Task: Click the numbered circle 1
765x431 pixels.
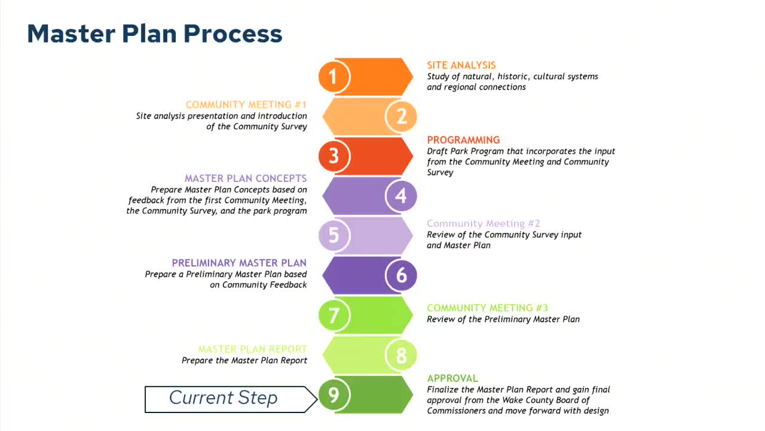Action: (x=333, y=77)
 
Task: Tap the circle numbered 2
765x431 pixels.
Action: (x=401, y=116)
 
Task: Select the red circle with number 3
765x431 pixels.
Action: (x=333, y=156)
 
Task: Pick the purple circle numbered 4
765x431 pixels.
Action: (x=401, y=196)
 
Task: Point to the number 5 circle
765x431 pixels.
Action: (x=333, y=235)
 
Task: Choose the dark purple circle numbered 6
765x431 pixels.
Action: (x=401, y=275)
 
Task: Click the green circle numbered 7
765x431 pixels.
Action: (x=333, y=315)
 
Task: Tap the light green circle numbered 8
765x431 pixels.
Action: (x=401, y=355)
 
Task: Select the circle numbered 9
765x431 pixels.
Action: (x=333, y=394)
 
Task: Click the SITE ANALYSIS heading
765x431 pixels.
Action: (x=461, y=65)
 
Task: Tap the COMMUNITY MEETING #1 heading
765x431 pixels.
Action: (x=246, y=105)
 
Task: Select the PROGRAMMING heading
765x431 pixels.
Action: (x=463, y=140)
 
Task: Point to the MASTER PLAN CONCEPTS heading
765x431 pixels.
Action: (x=246, y=178)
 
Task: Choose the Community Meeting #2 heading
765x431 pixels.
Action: (x=483, y=223)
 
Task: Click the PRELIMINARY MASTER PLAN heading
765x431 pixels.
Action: (x=239, y=263)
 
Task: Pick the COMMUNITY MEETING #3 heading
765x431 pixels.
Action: (x=487, y=308)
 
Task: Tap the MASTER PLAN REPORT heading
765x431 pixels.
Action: (x=252, y=349)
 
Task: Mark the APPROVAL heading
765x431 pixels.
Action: (x=452, y=378)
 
